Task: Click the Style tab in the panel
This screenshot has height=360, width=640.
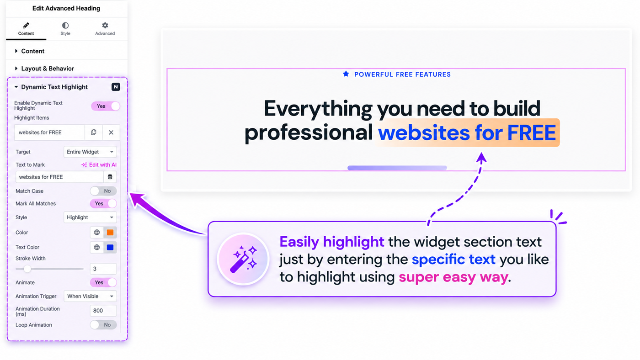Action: tap(65, 29)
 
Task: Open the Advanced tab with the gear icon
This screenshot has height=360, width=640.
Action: tap(105, 29)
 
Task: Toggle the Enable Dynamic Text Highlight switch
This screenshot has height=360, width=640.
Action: tap(106, 106)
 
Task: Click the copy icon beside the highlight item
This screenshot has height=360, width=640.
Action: tap(93, 132)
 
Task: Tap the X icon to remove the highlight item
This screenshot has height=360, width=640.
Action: tap(111, 132)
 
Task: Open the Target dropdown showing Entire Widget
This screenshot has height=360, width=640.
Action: tap(90, 152)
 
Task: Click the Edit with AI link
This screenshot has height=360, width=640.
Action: tap(99, 165)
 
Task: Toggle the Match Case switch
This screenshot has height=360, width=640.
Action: tap(103, 191)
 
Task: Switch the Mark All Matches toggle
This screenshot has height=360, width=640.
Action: tap(103, 204)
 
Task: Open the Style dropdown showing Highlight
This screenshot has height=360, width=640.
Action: tap(90, 217)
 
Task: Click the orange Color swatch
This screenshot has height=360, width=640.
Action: tap(110, 233)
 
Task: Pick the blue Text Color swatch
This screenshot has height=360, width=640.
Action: tap(110, 247)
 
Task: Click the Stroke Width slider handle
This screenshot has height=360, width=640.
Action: tap(27, 269)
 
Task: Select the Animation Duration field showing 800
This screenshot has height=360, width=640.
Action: tap(103, 311)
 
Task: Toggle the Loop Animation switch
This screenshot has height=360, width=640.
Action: tap(103, 325)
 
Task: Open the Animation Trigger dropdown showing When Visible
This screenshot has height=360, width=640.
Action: tap(90, 296)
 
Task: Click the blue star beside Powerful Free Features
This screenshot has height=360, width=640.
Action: tap(346, 74)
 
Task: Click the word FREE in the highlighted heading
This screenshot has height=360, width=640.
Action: tap(531, 133)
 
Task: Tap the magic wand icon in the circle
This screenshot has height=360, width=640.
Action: tap(243, 259)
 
